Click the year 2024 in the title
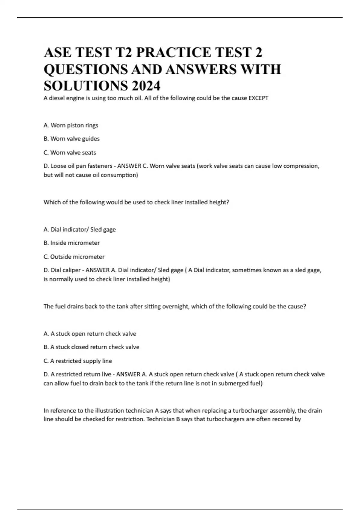coord(145,86)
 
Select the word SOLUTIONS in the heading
coord(85,86)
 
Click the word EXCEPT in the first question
coord(258,98)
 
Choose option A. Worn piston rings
coord(71,125)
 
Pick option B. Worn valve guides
coord(71,139)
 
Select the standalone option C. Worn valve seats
coord(70,152)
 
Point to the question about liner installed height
coord(136,202)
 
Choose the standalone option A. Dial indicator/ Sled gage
coord(79,229)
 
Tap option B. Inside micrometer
coord(71,243)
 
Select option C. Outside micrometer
coord(74,257)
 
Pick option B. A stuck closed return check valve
coord(91,347)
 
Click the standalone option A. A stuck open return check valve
coord(90,334)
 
